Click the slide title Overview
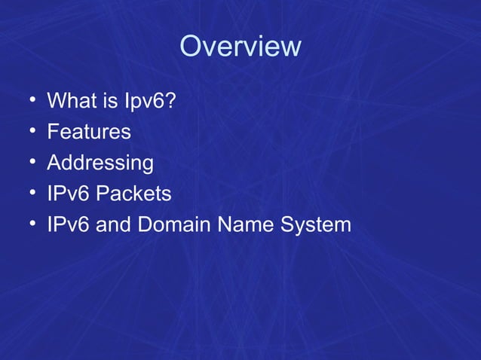[x=240, y=47]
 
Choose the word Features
[x=89, y=132]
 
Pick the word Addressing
[x=100, y=163]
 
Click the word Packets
[x=135, y=194]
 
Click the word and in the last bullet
[x=112, y=225]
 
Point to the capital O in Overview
[x=191, y=47]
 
